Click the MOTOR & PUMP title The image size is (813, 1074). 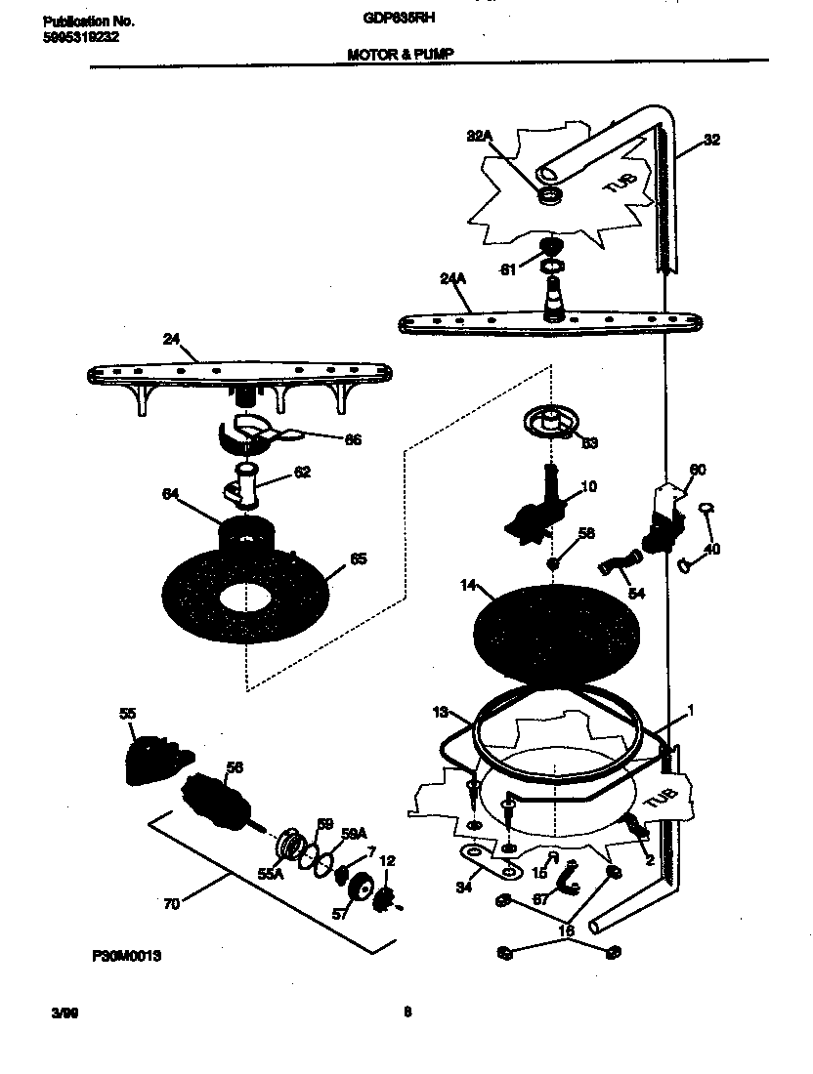pos(401,56)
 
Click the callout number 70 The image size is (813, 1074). pos(171,904)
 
